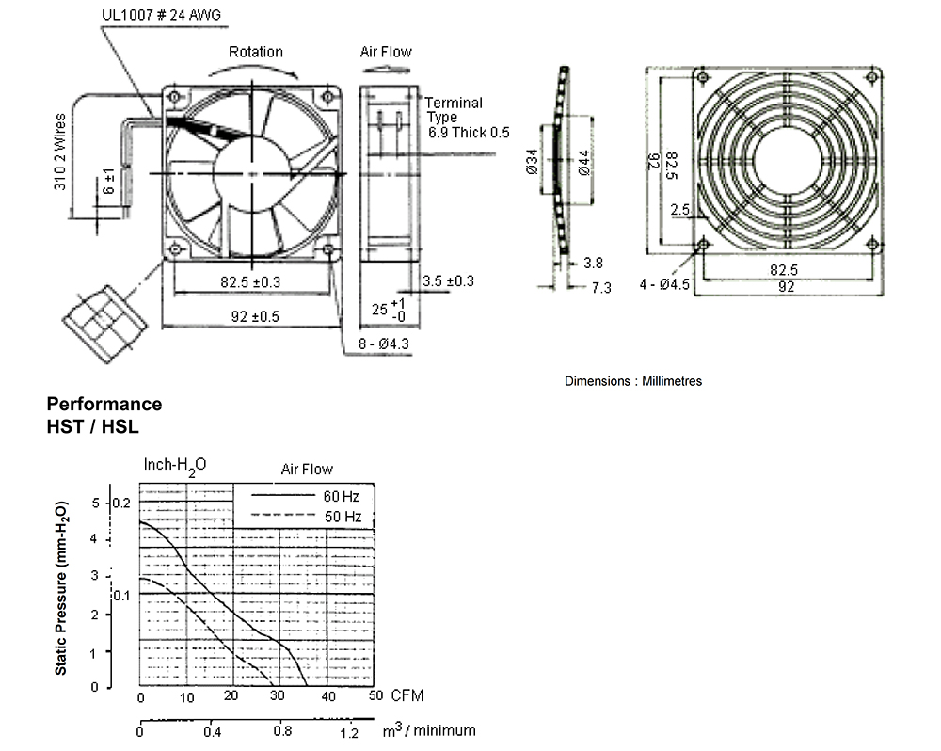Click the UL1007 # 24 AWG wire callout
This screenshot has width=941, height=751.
(x=162, y=15)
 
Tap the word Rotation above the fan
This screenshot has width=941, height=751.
(x=256, y=52)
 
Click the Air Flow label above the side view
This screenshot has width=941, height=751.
(x=386, y=52)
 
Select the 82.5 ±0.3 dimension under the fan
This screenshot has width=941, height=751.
(x=250, y=282)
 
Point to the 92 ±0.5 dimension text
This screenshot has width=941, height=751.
(x=255, y=316)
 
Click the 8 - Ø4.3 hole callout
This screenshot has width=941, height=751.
(x=384, y=344)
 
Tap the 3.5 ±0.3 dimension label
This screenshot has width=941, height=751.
(x=448, y=281)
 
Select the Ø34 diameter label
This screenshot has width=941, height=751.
(x=533, y=162)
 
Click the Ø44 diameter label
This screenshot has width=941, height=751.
(x=584, y=163)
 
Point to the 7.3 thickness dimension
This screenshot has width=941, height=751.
(x=601, y=288)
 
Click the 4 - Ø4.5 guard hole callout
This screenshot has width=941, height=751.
(x=664, y=284)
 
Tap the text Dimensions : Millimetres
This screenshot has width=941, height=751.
(x=633, y=381)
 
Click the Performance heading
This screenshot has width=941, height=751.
(x=104, y=404)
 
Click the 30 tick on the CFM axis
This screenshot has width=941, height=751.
(x=277, y=695)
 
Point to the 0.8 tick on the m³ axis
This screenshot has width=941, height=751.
(x=282, y=731)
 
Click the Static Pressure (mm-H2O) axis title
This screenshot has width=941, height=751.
(x=61, y=587)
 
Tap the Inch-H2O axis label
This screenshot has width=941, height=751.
(x=175, y=466)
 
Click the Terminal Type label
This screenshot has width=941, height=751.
(x=454, y=110)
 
